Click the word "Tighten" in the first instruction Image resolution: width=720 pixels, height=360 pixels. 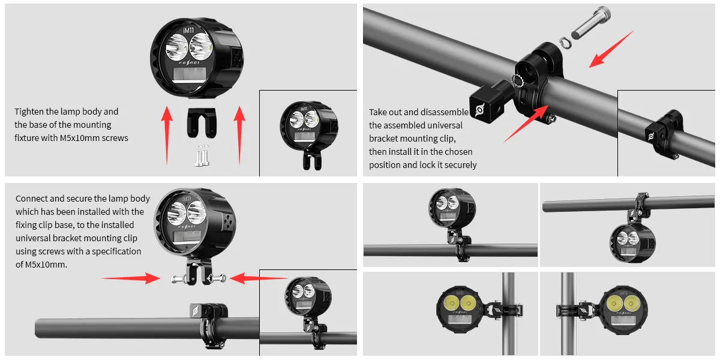(x=29, y=112)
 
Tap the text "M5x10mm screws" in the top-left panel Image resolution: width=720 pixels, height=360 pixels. (x=94, y=138)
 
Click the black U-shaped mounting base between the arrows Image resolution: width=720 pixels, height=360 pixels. (x=202, y=123)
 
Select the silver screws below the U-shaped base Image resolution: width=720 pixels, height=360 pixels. (x=202, y=156)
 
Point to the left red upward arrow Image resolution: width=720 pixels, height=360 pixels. (x=167, y=135)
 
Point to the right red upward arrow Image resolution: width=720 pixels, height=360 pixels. (x=239, y=135)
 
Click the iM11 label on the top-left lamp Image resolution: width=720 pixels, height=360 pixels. (x=188, y=30)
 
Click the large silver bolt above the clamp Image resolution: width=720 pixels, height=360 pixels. (x=591, y=23)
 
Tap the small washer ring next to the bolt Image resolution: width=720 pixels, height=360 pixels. (x=565, y=43)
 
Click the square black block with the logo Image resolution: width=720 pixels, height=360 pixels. (x=486, y=103)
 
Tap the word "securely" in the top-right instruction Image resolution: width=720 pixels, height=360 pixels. (x=460, y=165)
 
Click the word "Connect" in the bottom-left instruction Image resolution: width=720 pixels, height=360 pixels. (x=31, y=199)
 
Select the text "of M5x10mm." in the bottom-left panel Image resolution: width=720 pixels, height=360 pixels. (x=41, y=265)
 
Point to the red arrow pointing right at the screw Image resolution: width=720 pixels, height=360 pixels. (x=131, y=278)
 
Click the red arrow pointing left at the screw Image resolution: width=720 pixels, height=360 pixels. (x=259, y=278)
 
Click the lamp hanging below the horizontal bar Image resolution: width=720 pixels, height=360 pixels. (x=632, y=244)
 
